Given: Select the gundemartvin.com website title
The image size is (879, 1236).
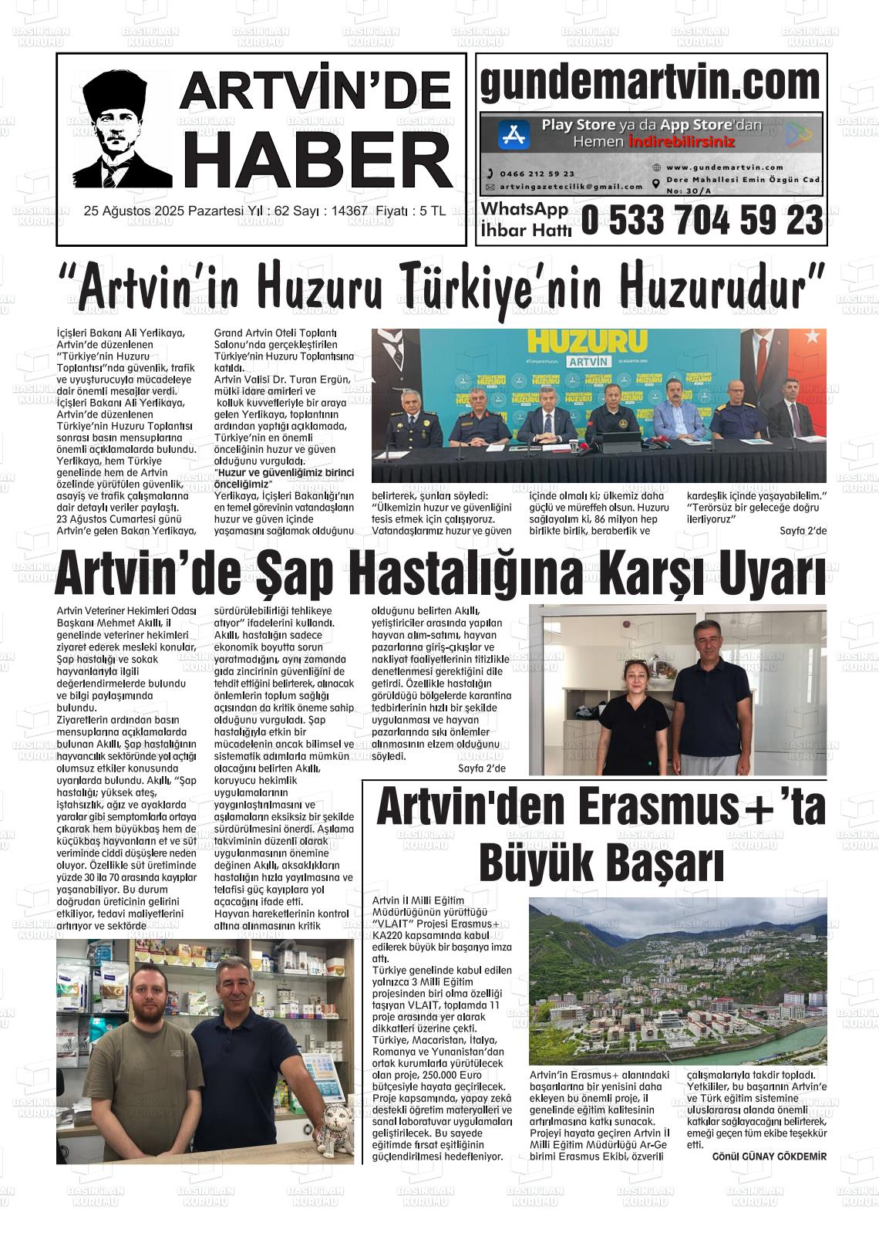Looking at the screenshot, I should point(650,83).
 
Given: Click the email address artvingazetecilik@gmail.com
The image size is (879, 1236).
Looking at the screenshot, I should point(571,187).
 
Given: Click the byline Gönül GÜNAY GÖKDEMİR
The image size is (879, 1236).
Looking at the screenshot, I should point(769,1157).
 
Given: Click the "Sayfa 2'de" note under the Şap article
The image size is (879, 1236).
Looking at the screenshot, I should point(481,768).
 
